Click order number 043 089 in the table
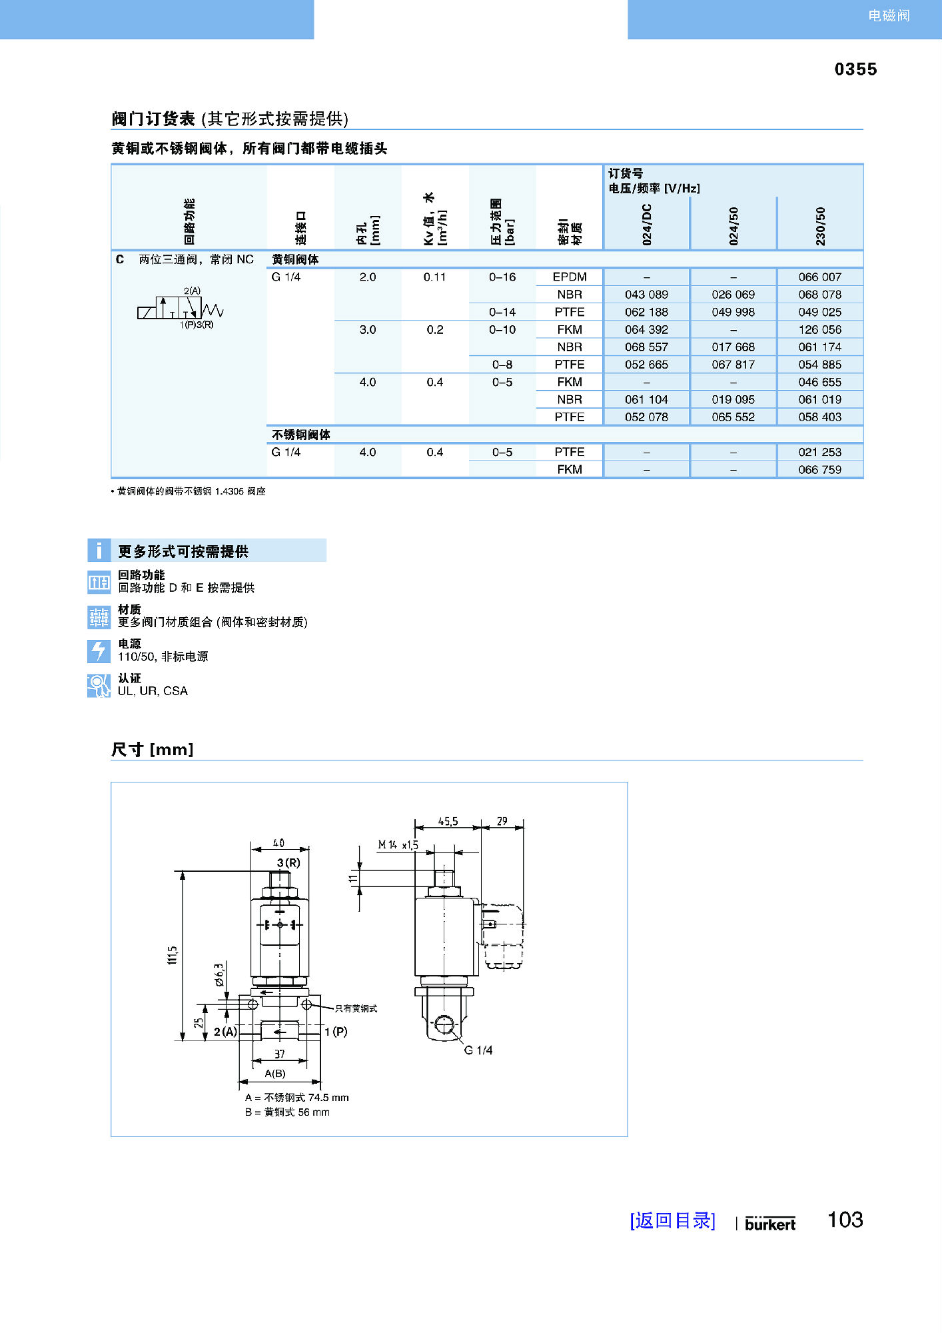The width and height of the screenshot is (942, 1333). pos(646,295)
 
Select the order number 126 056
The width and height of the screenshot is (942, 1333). pos(819,330)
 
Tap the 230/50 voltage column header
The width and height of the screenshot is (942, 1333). pos(820,225)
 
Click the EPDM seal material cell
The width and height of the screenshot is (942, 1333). pos(570,277)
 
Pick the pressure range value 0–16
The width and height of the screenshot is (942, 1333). pos(502,277)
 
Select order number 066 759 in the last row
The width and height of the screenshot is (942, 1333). pos(819,470)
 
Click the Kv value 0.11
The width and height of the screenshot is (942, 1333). pos(434,277)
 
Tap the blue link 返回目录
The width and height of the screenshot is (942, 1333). pos(672,1220)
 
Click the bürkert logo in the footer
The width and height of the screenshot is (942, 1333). pos(770,1224)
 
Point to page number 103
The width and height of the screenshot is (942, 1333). pos(845,1220)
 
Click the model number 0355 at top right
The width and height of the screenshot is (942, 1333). pos(855,69)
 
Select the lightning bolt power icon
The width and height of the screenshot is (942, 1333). pos(99,651)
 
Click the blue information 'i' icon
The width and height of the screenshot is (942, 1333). pos(99,551)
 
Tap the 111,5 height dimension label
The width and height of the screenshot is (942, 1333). pos(173,954)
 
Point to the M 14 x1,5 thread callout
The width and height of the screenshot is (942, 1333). pos(398,845)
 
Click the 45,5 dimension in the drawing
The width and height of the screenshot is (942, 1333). pos(448,822)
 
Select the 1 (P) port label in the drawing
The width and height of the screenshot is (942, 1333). pos(336,1032)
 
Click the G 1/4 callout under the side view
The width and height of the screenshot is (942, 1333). pos(478,1050)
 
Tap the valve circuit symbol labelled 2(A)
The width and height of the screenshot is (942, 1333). pos(181,309)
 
